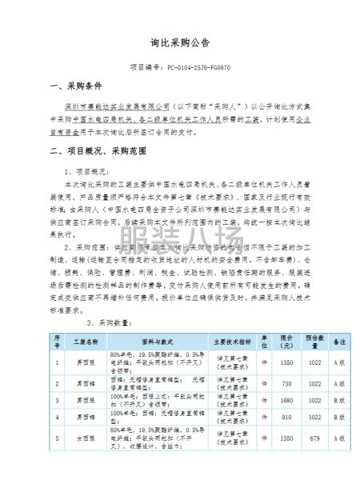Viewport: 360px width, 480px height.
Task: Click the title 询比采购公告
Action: pyautogui.click(x=180, y=43)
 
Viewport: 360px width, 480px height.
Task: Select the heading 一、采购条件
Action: pyautogui.click(x=74, y=86)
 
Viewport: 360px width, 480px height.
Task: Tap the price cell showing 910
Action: pyautogui.click(x=286, y=418)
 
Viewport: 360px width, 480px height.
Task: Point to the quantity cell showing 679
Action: pyautogui.click(x=314, y=439)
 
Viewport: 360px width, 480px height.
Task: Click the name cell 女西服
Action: pyautogui.click(x=86, y=439)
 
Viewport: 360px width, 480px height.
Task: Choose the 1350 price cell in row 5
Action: pyautogui.click(x=286, y=439)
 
